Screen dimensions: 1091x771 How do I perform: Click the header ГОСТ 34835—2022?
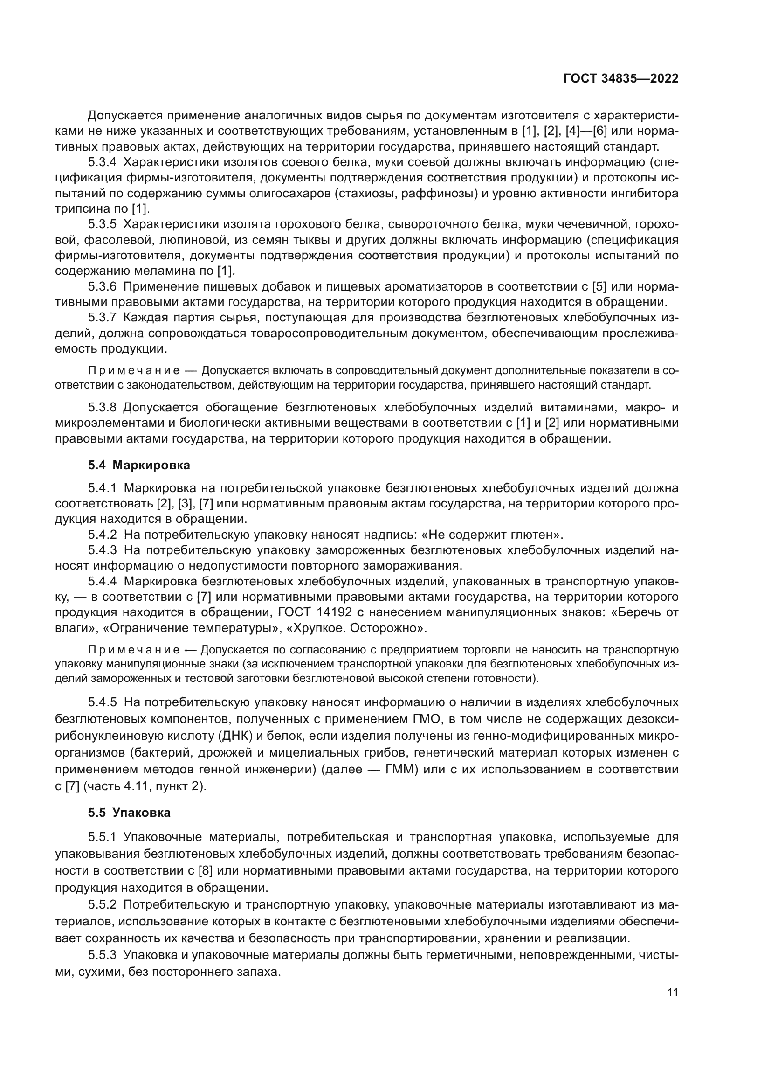620,79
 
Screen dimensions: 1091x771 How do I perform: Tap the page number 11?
672,993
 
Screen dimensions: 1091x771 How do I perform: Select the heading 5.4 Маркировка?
138,465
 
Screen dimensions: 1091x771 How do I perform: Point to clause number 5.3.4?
102,162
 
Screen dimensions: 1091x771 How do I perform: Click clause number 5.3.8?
102,408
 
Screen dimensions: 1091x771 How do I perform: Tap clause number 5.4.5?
102,702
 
